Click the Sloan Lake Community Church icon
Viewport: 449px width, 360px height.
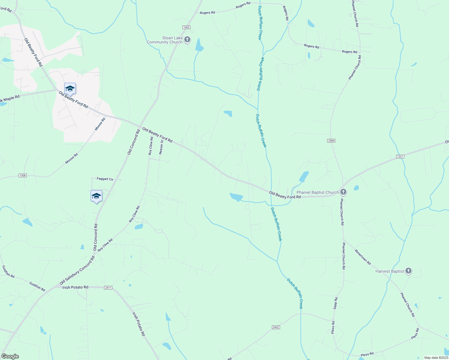click(x=187, y=40)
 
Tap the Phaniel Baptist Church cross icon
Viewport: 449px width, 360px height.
click(x=343, y=192)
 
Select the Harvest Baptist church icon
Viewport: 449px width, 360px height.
click(x=408, y=271)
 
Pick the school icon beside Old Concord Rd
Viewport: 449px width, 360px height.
click(x=96, y=196)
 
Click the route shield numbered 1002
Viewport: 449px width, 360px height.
click(x=186, y=27)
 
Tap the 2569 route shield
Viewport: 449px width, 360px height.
click(x=331, y=141)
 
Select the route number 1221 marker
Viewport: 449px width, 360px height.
click(x=400, y=157)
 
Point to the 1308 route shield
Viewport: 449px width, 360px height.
click(x=23, y=175)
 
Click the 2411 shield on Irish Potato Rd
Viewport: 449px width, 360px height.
click(x=108, y=288)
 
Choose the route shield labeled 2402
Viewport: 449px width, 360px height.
click(x=276, y=327)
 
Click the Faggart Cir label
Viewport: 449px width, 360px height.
click(x=105, y=179)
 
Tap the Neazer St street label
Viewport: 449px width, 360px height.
click(x=161, y=147)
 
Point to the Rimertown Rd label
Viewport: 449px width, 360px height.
click(x=363, y=257)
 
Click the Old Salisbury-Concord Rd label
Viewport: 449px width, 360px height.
click(x=77, y=270)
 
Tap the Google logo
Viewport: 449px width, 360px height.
click(x=10, y=356)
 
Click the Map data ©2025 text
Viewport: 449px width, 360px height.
click(x=435, y=358)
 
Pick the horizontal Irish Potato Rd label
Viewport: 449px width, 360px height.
click(x=75, y=287)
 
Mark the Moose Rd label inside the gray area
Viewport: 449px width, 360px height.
click(x=100, y=124)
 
